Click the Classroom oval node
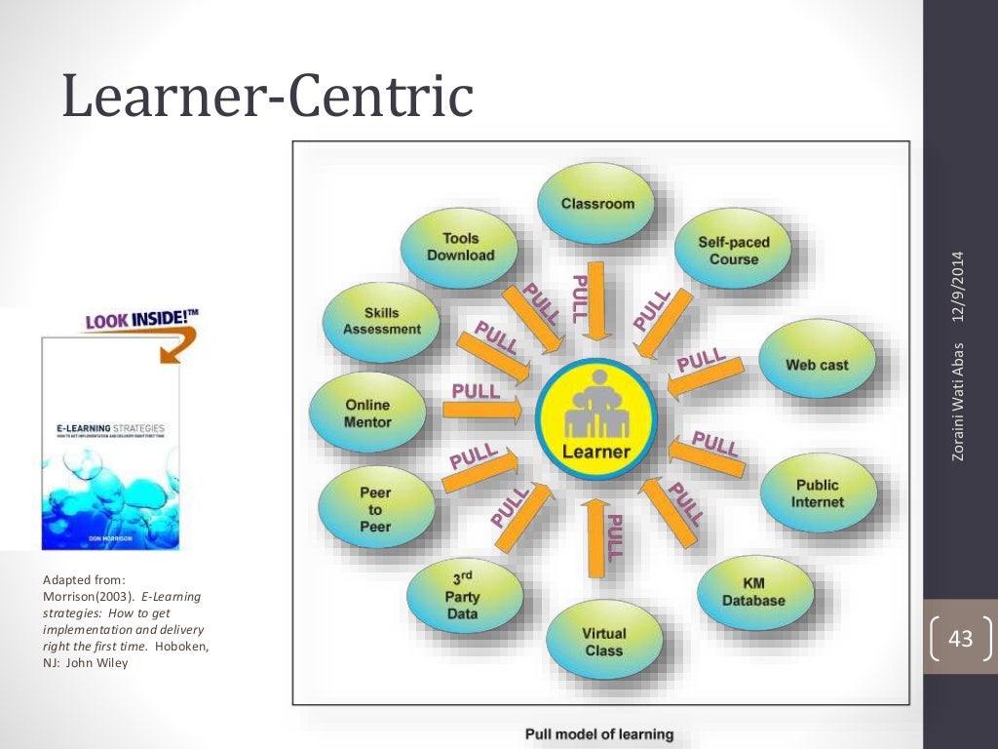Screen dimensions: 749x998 [596, 204]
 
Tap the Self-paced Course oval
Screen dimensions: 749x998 [733, 251]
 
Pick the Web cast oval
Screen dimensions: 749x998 [816, 365]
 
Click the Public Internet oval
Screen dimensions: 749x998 [817, 493]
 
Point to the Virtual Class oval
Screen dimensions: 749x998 [603, 642]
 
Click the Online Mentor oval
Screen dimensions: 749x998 [366, 414]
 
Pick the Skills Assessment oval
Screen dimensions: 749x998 [381, 321]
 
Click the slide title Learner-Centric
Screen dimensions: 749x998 [267, 98]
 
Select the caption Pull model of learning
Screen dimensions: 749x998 [598, 733]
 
